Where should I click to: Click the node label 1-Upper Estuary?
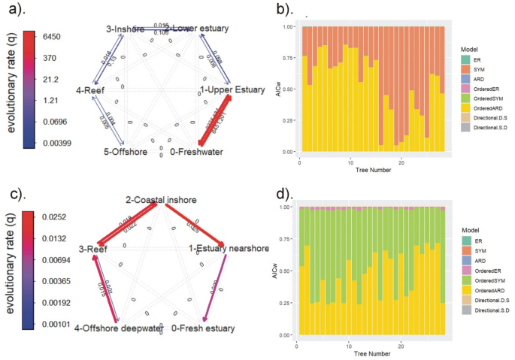pos(232,90)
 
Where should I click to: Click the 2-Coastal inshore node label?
pos(161,199)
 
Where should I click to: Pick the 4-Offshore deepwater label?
pos(120,328)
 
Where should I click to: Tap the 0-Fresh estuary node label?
pos(203,328)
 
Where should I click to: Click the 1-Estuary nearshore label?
pos(224,248)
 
